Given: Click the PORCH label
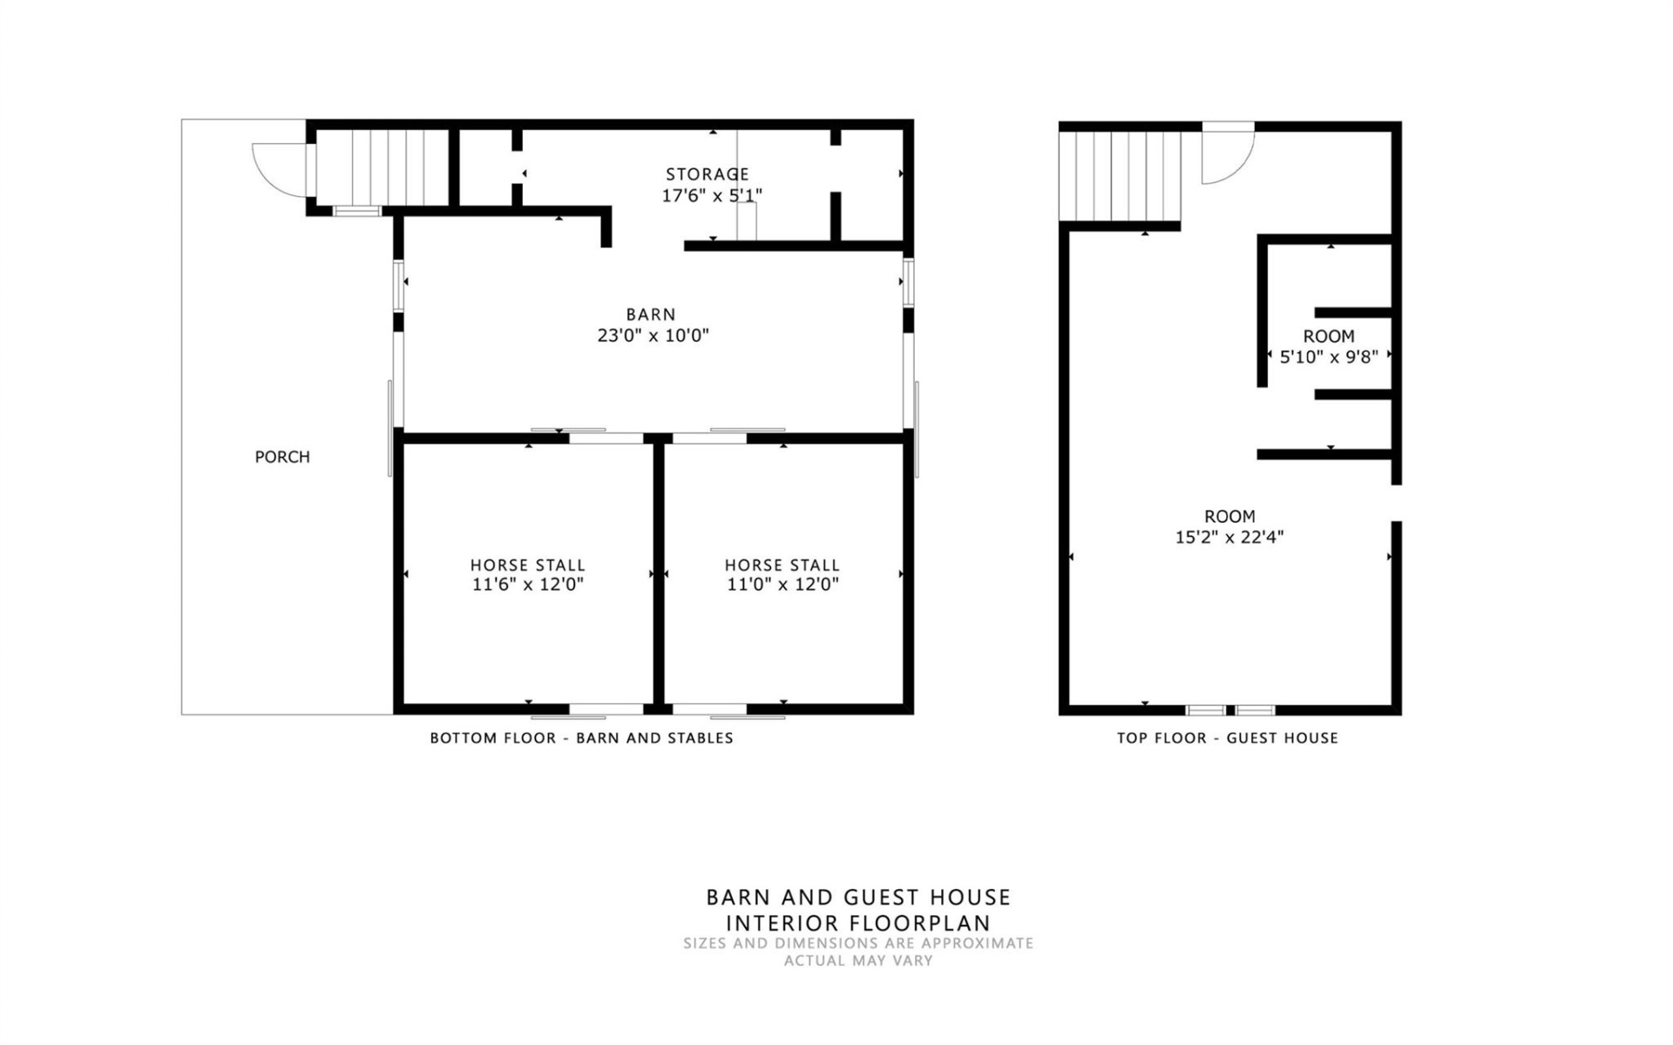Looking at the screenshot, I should pyautogui.click(x=281, y=457).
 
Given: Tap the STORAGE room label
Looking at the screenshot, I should pyautogui.click(x=707, y=174).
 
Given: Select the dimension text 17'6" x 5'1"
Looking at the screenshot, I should pyautogui.click(x=711, y=195).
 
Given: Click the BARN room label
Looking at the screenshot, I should pyautogui.click(x=650, y=315).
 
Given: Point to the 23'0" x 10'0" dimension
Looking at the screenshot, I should pyautogui.click(x=653, y=336).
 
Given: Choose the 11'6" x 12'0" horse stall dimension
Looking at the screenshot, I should pyautogui.click(x=527, y=585).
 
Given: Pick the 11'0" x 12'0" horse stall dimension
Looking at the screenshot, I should pyautogui.click(x=782, y=585).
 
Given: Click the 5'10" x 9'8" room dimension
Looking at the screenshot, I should pyautogui.click(x=1328, y=356).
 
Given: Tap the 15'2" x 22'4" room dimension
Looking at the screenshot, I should pyautogui.click(x=1229, y=537).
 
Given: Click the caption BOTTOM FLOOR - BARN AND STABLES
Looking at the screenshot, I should pyautogui.click(x=581, y=738).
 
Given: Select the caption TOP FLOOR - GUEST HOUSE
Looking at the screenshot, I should pyautogui.click(x=1227, y=738).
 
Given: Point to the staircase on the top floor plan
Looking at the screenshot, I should pyautogui.click(x=1119, y=176).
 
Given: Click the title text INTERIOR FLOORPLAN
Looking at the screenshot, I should pyautogui.click(x=857, y=923).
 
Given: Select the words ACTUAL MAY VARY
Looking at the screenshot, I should pyautogui.click(x=857, y=960).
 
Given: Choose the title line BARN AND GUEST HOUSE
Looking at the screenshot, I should pyautogui.click(x=857, y=897).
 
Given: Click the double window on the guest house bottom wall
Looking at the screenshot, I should pyautogui.click(x=1230, y=710).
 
